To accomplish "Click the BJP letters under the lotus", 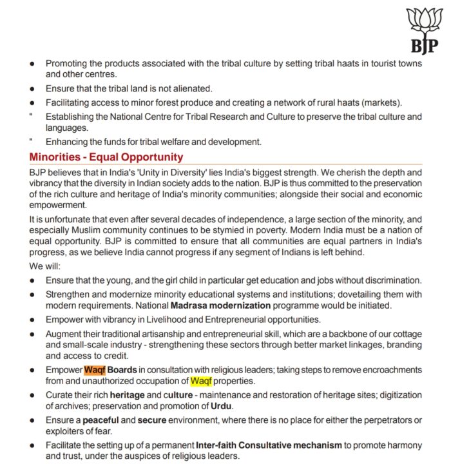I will click(424, 46).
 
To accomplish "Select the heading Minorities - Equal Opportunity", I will click(106, 157).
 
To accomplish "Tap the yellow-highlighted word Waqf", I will click(201, 381).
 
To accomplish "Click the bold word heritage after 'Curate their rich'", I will click(127, 395).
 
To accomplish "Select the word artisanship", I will click(166, 334).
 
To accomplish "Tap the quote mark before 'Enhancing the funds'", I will click(31, 140).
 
